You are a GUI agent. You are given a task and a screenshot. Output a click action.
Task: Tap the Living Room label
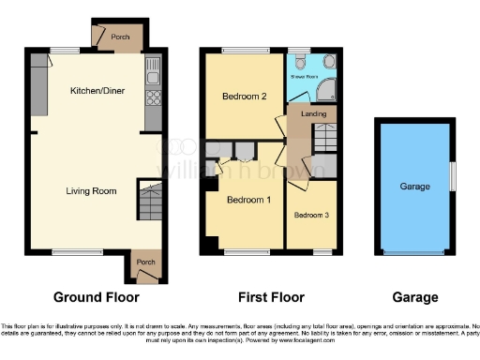pos(91,191)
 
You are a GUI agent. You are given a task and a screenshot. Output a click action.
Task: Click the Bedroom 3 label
pos(311,216)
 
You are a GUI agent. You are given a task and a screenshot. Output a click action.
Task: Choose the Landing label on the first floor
pos(313,113)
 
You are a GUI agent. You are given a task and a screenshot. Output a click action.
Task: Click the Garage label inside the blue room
pos(414,187)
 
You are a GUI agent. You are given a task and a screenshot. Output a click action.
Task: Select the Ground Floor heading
pos(96,297)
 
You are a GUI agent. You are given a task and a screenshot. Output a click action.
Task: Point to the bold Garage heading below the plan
pos(414,297)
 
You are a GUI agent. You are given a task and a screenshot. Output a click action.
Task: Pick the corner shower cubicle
pos(326,88)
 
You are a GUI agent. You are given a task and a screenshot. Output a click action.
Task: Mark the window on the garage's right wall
pos(453,175)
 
